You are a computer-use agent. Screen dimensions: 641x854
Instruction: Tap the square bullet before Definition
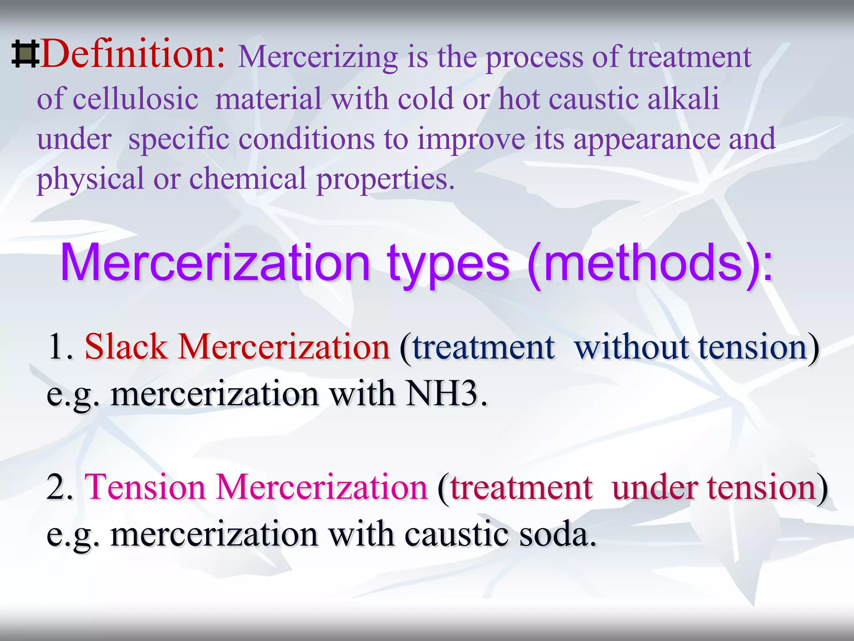tap(25, 54)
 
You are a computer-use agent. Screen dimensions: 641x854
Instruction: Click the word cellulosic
tap(135, 99)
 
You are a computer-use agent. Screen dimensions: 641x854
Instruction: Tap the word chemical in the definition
tap(248, 179)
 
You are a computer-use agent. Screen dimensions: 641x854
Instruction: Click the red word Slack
tap(126, 347)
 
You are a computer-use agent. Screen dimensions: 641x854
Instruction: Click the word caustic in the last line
tap(456, 535)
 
